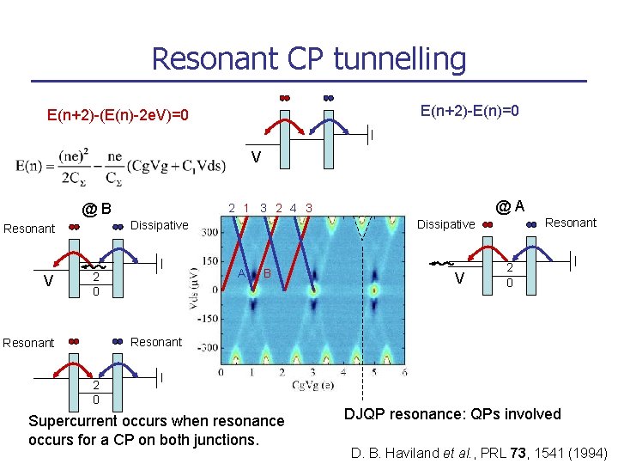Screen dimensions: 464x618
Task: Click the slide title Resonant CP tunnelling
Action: pyautogui.click(x=309, y=58)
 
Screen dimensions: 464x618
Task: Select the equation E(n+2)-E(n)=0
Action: pyautogui.click(x=470, y=111)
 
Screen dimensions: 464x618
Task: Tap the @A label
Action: pyautogui.click(x=511, y=205)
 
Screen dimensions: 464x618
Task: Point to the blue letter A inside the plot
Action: pyautogui.click(x=242, y=273)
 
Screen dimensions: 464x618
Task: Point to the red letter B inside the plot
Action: pyautogui.click(x=268, y=273)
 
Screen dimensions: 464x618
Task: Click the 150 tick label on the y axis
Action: pyautogui.click(x=209, y=259)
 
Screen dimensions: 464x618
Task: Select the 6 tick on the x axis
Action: pyautogui.click(x=404, y=372)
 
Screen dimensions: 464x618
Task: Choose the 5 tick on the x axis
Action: pyautogui.click(x=373, y=372)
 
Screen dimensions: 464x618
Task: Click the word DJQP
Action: pyautogui.click(x=364, y=414)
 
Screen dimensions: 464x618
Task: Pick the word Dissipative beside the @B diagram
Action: pyautogui.click(x=159, y=225)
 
